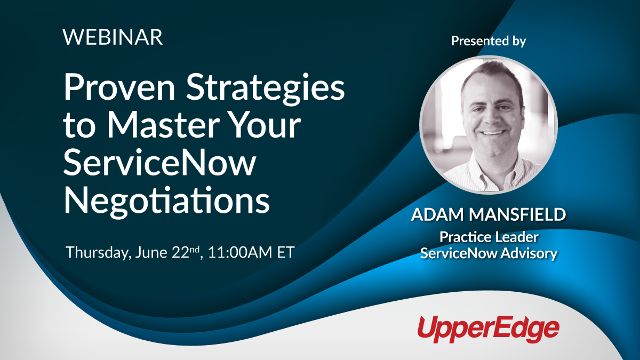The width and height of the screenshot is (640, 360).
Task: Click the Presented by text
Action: (488, 41)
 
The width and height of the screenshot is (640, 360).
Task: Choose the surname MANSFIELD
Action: (517, 215)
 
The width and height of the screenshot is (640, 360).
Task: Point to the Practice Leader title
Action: (489, 236)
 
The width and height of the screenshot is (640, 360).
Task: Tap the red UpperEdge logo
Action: (488, 327)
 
